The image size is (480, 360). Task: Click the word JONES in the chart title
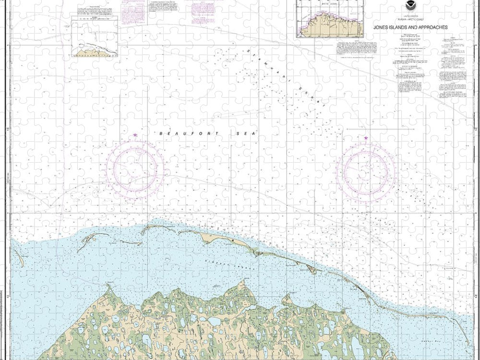pyautogui.click(x=382, y=27)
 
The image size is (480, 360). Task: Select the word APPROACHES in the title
pyautogui.click(x=432, y=27)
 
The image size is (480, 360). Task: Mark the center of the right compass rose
pyautogui.click(x=366, y=171)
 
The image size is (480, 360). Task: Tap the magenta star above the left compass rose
pyautogui.click(x=135, y=135)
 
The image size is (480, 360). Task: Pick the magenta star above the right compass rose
pyautogui.click(x=366, y=138)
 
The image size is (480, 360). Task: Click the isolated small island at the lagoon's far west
pyautogui.click(x=19, y=257)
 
